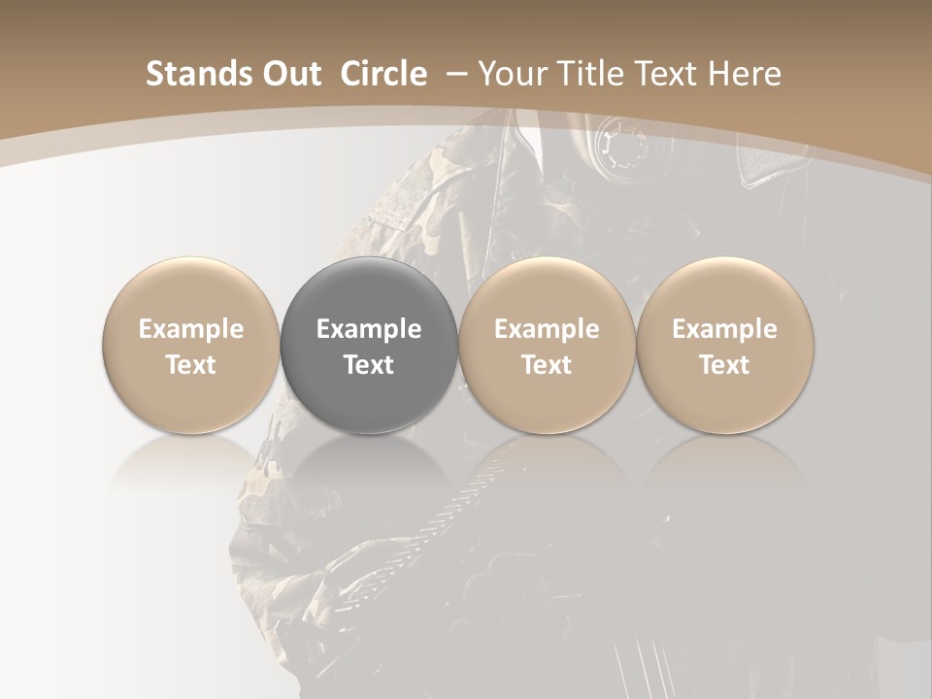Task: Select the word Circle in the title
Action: click(383, 74)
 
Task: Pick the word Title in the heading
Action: click(583, 74)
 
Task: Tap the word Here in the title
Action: click(745, 74)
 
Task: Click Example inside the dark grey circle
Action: click(369, 330)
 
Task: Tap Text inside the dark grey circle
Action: click(369, 365)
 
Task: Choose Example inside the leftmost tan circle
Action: click(191, 330)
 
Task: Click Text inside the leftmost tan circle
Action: click(191, 365)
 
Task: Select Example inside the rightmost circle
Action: click(724, 330)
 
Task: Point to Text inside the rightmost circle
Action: click(724, 365)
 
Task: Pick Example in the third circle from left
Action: click(547, 330)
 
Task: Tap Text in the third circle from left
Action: click(547, 365)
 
